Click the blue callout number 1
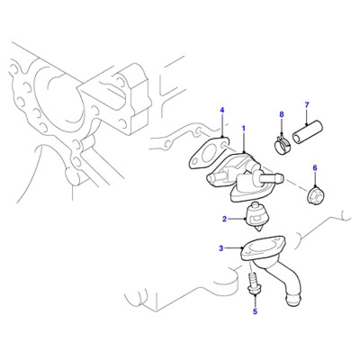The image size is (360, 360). [244, 129]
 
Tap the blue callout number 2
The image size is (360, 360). [224, 219]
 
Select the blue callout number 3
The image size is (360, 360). [221, 248]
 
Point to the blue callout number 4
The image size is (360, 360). [222, 111]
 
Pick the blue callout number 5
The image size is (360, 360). [255, 311]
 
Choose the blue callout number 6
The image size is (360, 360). [315, 168]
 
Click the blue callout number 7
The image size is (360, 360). [307, 105]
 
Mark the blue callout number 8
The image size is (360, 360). [282, 114]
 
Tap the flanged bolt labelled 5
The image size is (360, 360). [254, 283]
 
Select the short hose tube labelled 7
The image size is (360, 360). [308, 133]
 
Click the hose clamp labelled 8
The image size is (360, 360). [282, 144]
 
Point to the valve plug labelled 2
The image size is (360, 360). [256, 217]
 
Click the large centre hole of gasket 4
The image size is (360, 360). [207, 157]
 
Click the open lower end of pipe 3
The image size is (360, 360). [292, 300]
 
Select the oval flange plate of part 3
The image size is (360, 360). [263, 247]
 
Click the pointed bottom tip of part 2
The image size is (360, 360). [259, 230]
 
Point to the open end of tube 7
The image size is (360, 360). [297, 139]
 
